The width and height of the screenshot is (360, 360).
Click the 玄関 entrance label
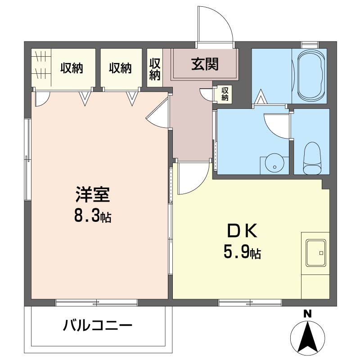205,65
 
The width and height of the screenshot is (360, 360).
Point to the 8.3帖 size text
93,217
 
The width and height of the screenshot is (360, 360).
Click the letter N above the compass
307,314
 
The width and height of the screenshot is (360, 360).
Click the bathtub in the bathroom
311,76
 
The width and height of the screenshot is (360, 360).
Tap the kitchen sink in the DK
315,252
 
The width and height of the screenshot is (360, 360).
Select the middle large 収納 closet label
120,68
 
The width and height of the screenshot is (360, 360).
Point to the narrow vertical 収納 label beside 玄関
155,68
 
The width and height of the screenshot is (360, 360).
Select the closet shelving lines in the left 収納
41,65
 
